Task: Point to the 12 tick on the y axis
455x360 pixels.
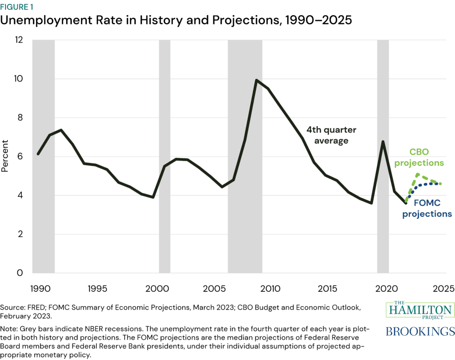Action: [18, 40]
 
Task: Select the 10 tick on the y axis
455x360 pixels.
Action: [18, 79]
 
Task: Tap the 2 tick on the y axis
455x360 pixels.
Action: [20, 234]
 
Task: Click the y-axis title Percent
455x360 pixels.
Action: [5, 157]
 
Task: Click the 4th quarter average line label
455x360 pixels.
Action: [330, 135]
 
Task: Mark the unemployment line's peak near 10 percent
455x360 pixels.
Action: [257, 81]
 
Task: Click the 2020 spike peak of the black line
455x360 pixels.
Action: [383, 142]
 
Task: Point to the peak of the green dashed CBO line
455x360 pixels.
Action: [417, 174]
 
